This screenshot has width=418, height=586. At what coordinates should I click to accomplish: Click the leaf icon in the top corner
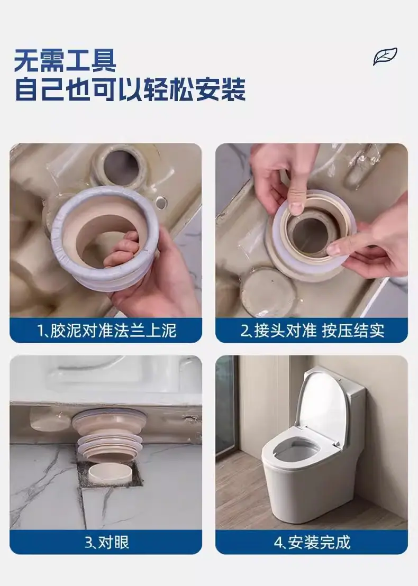tap(385, 57)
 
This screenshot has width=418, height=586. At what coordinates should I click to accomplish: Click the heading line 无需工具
tap(65, 60)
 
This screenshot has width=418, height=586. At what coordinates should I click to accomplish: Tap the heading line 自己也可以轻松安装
tap(131, 89)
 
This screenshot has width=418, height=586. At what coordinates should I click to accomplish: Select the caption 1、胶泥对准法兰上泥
tap(106, 331)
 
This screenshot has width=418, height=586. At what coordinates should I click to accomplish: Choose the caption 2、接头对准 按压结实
tap(312, 331)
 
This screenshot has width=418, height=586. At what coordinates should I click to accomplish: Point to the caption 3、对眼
tap(106, 542)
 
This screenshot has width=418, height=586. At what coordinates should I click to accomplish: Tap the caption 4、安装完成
tap(312, 542)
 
